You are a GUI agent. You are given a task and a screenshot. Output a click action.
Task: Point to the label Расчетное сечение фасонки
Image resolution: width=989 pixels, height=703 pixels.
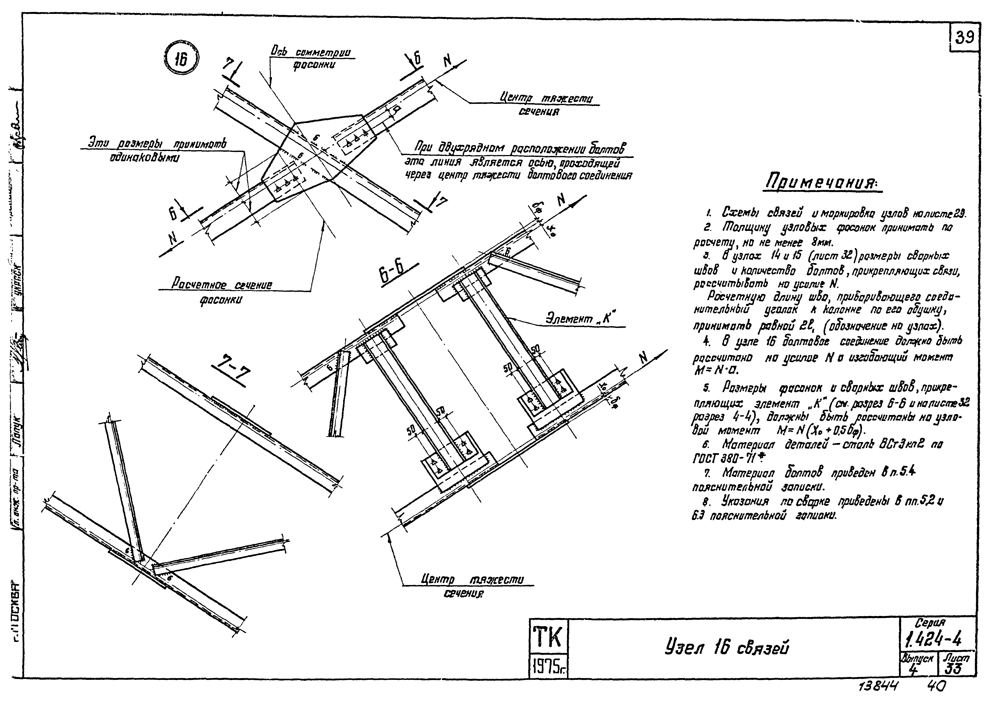[221, 291]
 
